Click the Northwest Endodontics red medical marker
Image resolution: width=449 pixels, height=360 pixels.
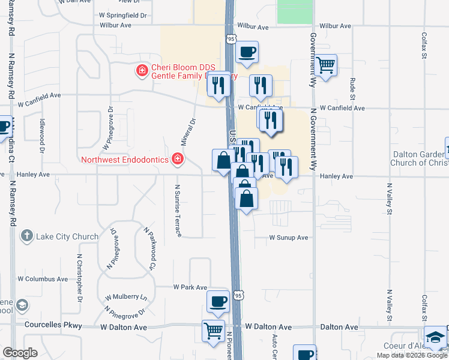(177, 159)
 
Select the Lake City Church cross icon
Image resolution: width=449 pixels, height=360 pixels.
(26, 236)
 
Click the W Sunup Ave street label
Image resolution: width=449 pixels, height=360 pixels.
(288, 238)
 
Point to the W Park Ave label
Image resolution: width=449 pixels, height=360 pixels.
(190, 287)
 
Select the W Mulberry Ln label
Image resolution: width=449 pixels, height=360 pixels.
(127, 297)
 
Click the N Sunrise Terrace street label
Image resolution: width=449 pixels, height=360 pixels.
(178, 211)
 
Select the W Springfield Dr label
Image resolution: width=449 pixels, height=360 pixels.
(123, 16)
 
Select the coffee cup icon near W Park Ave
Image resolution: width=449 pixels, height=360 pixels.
(218, 301)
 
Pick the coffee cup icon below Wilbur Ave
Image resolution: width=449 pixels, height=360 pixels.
(246, 52)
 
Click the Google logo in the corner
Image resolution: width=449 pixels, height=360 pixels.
(20, 353)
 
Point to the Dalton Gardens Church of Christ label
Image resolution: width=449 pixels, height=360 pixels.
(417, 158)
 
